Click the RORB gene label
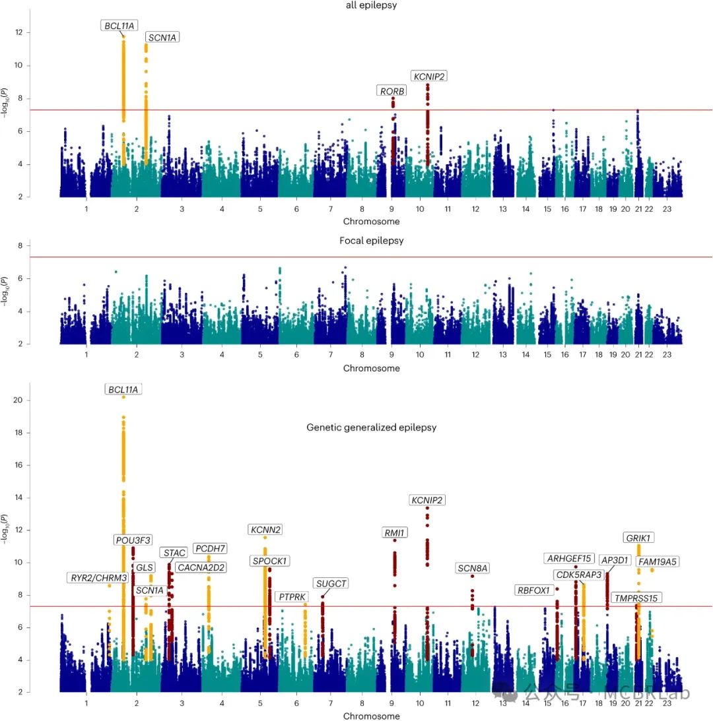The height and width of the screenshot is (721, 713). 392,91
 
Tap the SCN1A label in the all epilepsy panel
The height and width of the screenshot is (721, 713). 162,38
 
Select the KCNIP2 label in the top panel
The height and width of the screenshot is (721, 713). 428,77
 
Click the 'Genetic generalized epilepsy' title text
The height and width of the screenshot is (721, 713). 371,427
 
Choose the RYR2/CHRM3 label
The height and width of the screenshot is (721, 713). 99,578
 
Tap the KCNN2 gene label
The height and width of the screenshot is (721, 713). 266,530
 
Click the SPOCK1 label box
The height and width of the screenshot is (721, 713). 269,561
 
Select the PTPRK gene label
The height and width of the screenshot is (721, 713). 292,596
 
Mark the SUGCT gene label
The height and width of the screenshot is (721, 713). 331,583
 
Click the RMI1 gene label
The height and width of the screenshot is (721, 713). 394,532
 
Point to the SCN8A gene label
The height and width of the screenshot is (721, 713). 473,568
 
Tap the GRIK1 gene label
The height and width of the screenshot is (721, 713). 639,538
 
